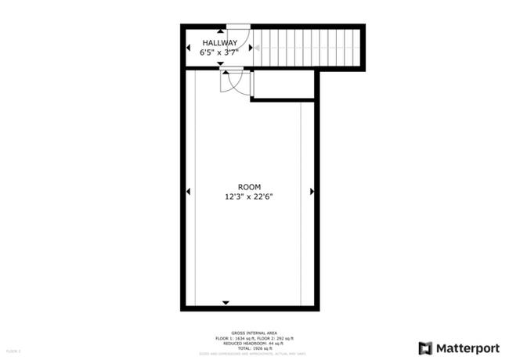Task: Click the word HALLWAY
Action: click(x=219, y=42)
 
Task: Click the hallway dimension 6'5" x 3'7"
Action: click(x=219, y=52)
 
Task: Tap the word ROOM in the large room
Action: click(x=250, y=187)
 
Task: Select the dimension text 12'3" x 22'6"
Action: click(x=250, y=197)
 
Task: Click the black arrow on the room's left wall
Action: click(x=188, y=191)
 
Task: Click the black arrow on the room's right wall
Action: click(x=312, y=191)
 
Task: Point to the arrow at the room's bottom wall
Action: click(x=226, y=302)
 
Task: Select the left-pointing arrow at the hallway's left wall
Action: click(x=188, y=48)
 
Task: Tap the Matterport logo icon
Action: click(x=426, y=348)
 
